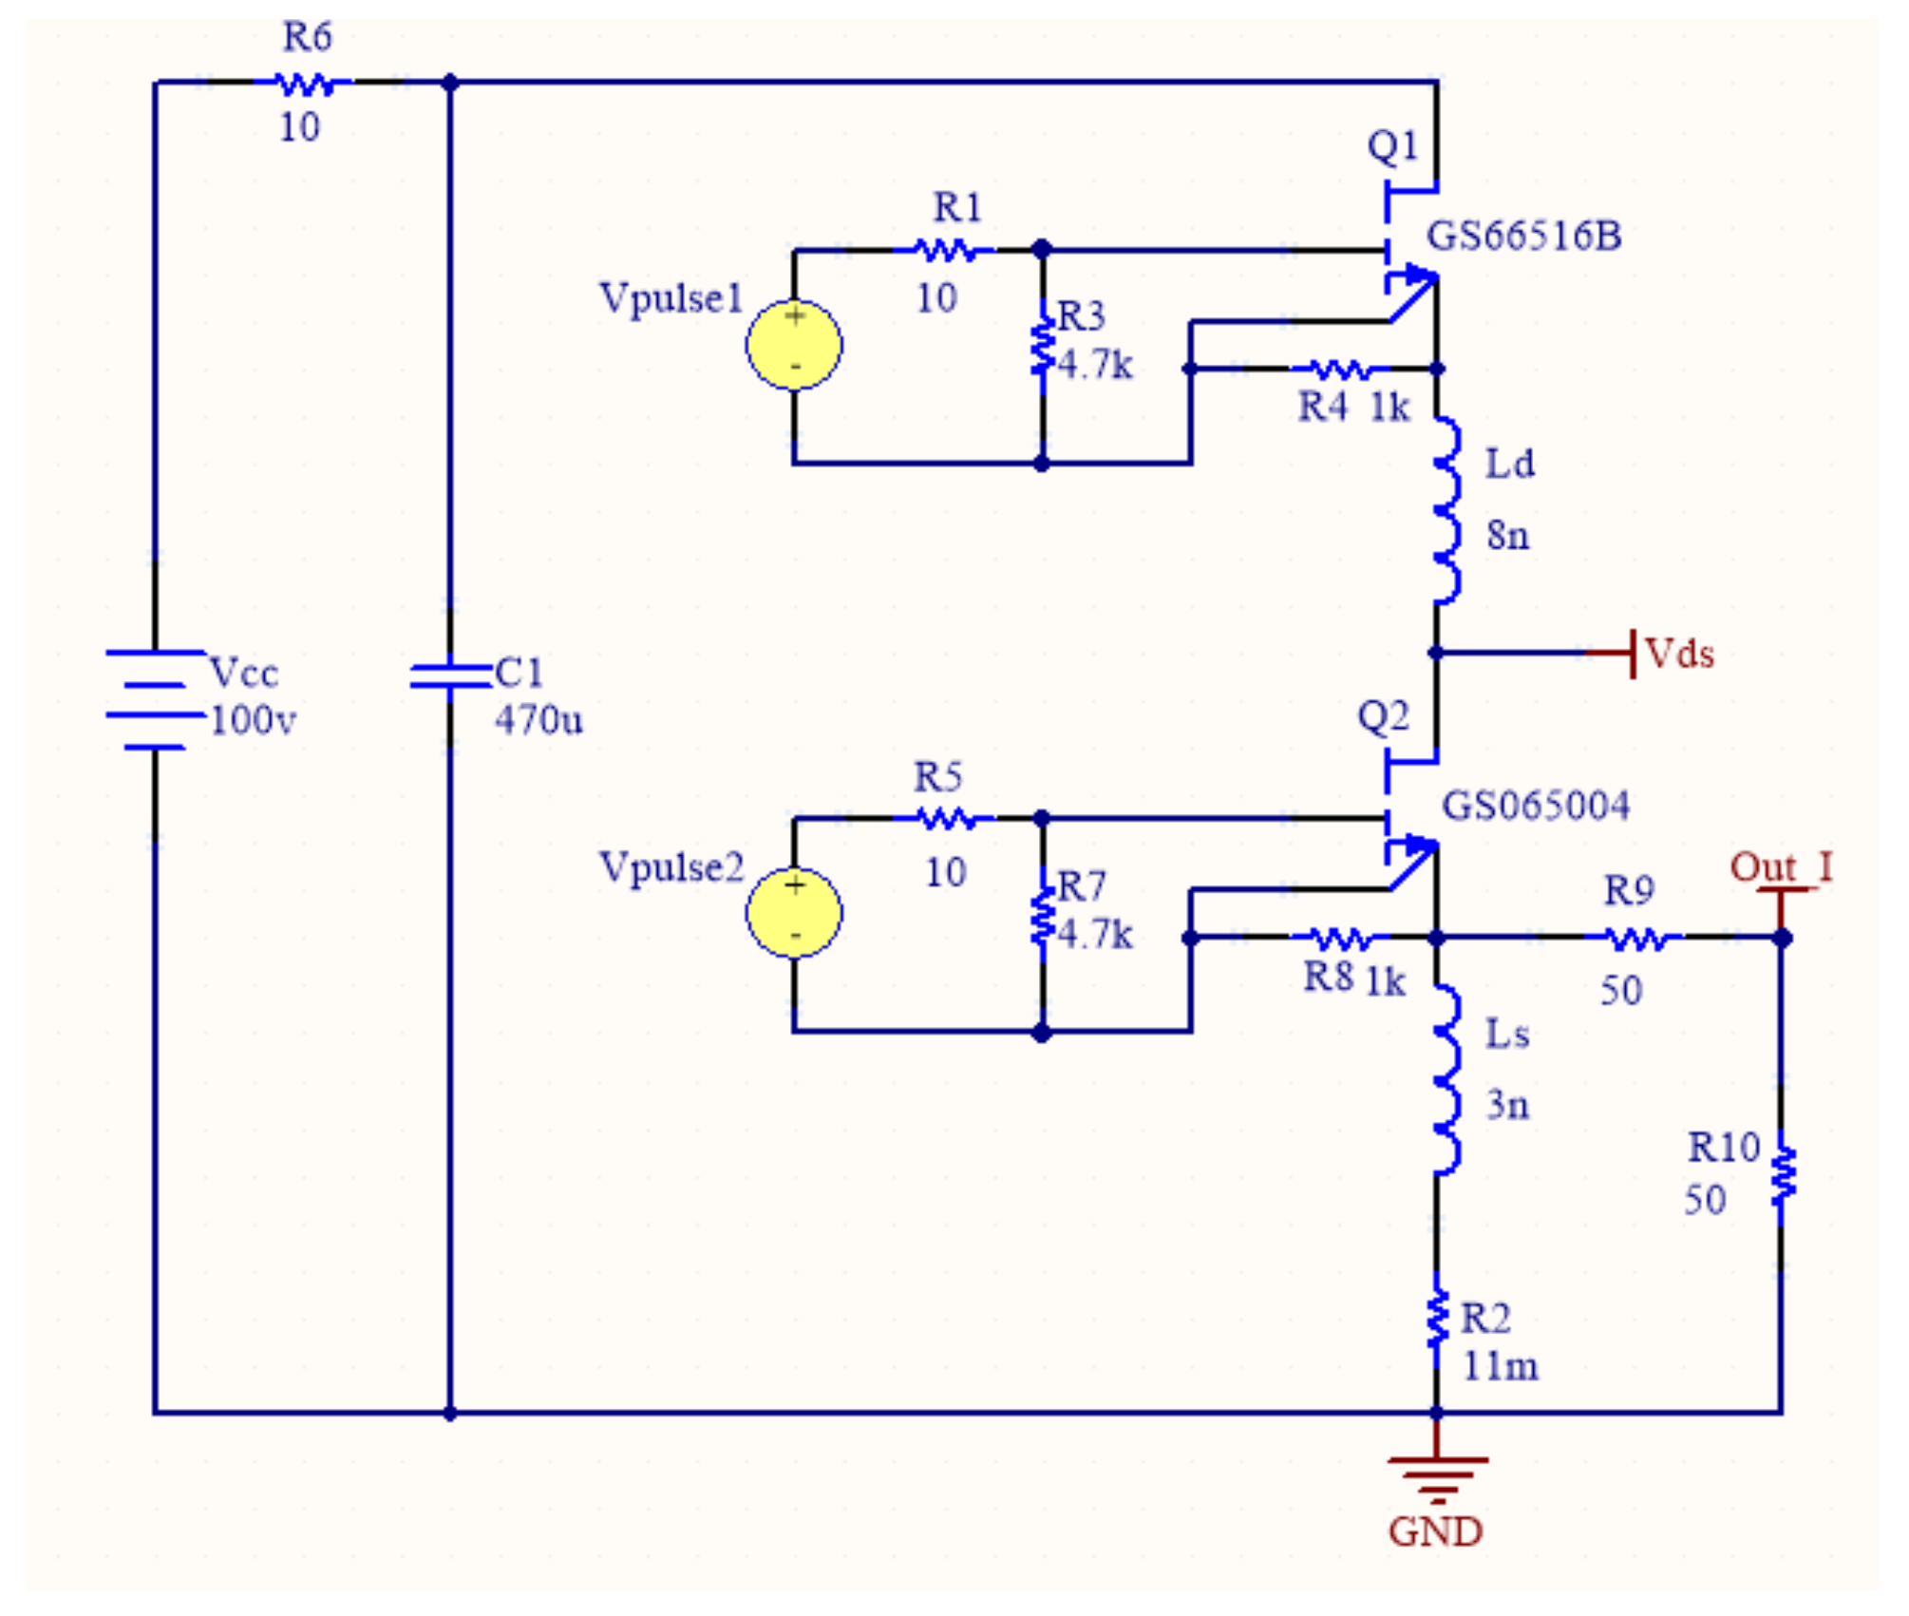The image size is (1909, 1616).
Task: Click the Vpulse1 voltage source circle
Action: (x=794, y=344)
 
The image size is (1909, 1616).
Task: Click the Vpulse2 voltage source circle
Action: (x=794, y=912)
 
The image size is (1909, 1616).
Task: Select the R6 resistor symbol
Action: (x=304, y=85)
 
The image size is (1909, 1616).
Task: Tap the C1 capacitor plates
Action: (x=449, y=675)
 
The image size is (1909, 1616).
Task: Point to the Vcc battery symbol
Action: (x=155, y=700)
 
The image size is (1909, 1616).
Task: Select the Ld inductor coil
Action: (x=1446, y=508)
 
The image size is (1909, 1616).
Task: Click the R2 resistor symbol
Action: (x=1437, y=1318)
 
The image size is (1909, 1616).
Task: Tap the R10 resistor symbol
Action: (x=1783, y=1176)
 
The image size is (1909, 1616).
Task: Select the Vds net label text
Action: (x=1679, y=655)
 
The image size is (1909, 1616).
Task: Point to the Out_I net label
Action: (x=1781, y=867)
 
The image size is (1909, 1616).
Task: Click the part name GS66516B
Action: (x=1524, y=236)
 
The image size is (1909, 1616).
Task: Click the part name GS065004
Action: (x=1536, y=806)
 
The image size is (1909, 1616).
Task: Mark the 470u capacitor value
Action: (x=539, y=721)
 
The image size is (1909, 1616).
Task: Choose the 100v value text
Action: (x=253, y=721)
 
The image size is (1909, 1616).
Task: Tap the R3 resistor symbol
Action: (x=1043, y=346)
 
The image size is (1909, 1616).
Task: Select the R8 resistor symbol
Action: (x=1339, y=939)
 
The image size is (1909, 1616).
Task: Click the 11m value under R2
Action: (x=1500, y=1367)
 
